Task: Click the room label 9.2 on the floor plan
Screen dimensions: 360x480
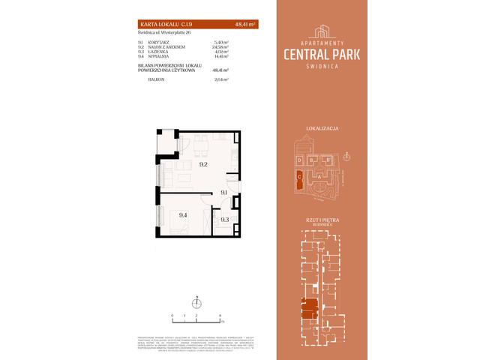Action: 202,163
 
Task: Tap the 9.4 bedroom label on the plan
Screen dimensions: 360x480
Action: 183,215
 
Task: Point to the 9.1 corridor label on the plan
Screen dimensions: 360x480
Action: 223,193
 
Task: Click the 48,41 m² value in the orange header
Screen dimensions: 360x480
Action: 244,25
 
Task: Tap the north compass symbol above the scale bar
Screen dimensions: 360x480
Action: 196,303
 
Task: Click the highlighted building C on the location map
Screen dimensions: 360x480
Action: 299,178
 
